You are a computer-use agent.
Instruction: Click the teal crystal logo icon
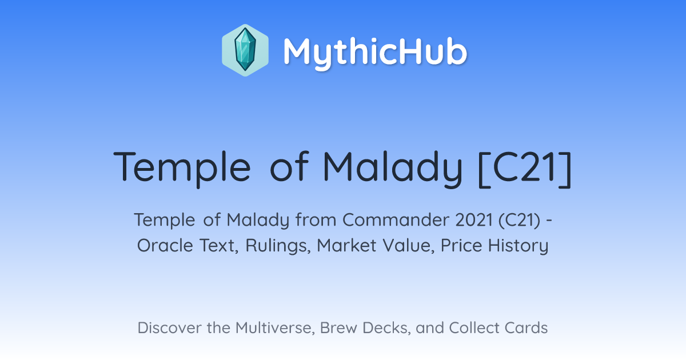click(x=245, y=50)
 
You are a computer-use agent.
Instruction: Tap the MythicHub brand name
click(x=375, y=52)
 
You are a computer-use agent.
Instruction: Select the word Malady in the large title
click(x=392, y=167)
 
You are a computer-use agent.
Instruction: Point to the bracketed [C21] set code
click(x=525, y=168)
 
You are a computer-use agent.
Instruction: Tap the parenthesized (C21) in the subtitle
click(x=520, y=221)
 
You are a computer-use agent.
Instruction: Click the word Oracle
click(x=165, y=245)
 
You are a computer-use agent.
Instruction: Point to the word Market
click(x=346, y=245)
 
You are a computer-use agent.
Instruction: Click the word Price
click(x=461, y=245)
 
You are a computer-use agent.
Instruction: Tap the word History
click(x=518, y=246)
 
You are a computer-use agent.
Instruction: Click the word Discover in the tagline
click(x=170, y=327)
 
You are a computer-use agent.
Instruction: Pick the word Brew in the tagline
click(x=338, y=327)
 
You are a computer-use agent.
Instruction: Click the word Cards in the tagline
click(x=526, y=327)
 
